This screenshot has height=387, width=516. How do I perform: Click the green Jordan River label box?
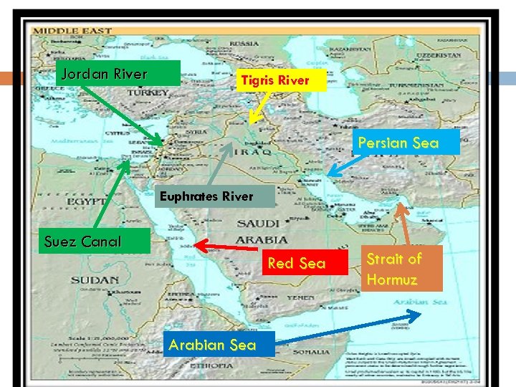tap(118, 73)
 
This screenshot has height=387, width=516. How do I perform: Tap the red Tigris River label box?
tap(282, 80)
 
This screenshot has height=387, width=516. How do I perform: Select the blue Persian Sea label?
tap(398, 143)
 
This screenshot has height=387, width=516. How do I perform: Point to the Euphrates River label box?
tap(205, 196)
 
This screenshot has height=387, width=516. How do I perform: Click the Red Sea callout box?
tap(296, 263)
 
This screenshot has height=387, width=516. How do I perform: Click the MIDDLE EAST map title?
tap(71, 31)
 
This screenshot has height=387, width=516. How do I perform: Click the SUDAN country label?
tap(95, 279)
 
